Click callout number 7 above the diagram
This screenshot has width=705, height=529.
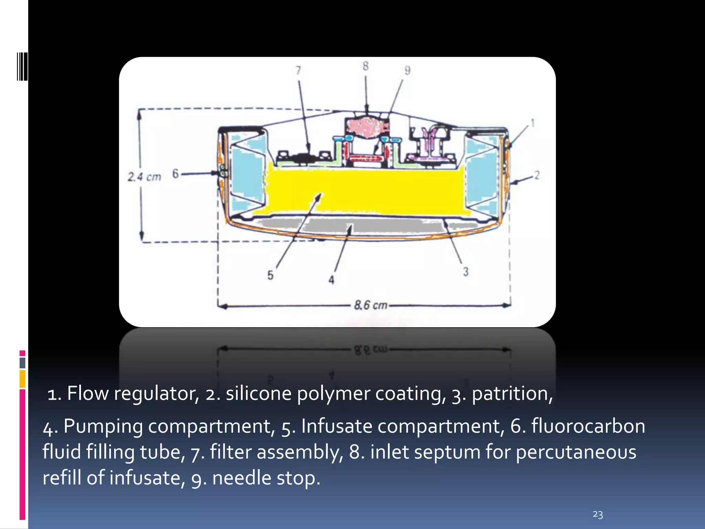point(298,70)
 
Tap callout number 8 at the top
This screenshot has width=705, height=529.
point(365,66)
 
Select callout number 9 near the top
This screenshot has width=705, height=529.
point(407,70)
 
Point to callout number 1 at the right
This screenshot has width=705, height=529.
point(532,123)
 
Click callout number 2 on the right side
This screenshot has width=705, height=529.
point(536,175)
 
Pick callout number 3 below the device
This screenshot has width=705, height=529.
point(466,272)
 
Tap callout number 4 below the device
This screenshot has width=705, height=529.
point(331,280)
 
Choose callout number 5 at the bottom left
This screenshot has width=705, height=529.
point(271,275)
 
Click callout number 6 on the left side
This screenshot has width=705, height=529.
point(176,173)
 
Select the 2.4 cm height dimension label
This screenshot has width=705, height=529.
point(144,177)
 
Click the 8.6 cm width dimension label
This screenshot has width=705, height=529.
point(371,305)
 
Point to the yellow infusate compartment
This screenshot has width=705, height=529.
point(365,189)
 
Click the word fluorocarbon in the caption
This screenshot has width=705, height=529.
point(588,426)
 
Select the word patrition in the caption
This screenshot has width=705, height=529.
point(512,394)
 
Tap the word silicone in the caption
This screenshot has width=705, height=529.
point(259,394)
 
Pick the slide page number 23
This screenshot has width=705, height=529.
point(598,515)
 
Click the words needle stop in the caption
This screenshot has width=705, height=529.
point(266,478)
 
